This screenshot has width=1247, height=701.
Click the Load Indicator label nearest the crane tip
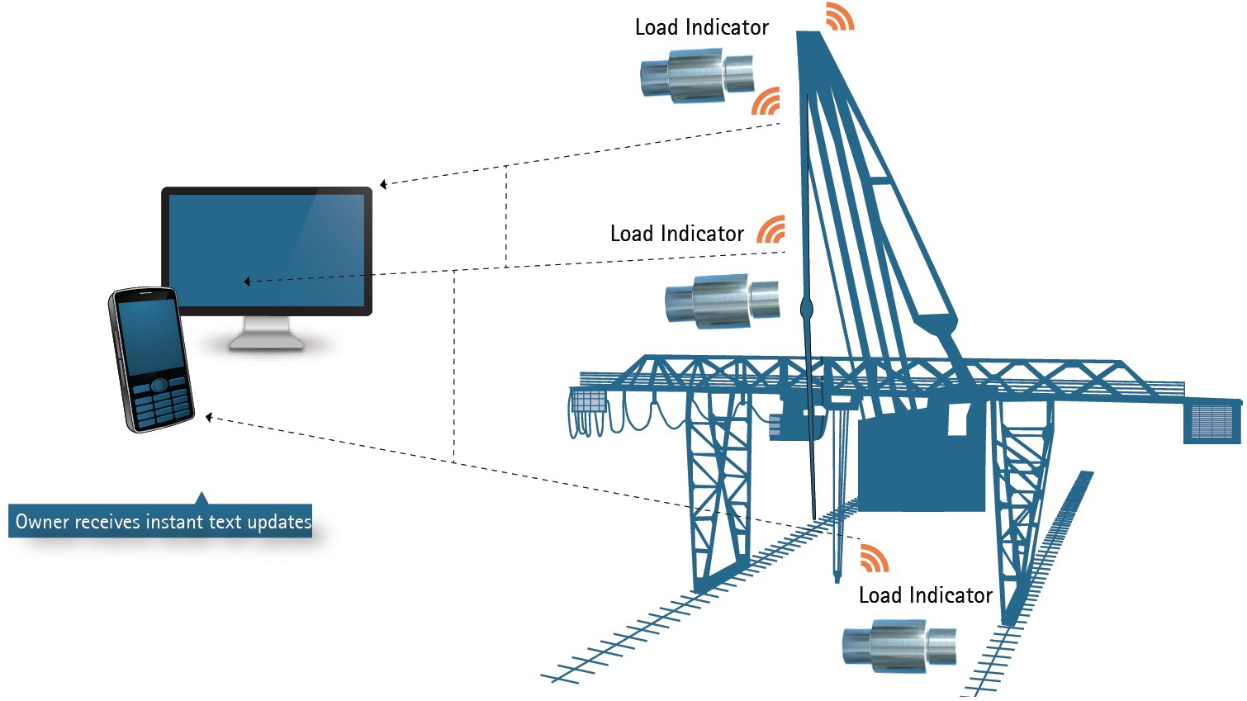[701, 27]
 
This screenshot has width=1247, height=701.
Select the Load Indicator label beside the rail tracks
[925, 595]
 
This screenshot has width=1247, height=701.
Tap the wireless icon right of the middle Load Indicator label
[771, 230]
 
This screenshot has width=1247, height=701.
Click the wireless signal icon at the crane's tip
[840, 17]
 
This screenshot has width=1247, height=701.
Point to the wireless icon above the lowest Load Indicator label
[874, 558]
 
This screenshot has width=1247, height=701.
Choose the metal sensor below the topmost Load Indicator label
[697, 75]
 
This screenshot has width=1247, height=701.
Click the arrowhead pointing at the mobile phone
[210, 418]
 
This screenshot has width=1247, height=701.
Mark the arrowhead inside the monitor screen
[247, 282]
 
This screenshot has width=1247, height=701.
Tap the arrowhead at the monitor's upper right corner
[383, 184]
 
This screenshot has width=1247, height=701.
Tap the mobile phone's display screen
[150, 336]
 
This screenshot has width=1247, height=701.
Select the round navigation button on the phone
[159, 385]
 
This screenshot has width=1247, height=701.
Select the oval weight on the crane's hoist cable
[807, 310]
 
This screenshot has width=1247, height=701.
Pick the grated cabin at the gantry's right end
[1211, 422]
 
